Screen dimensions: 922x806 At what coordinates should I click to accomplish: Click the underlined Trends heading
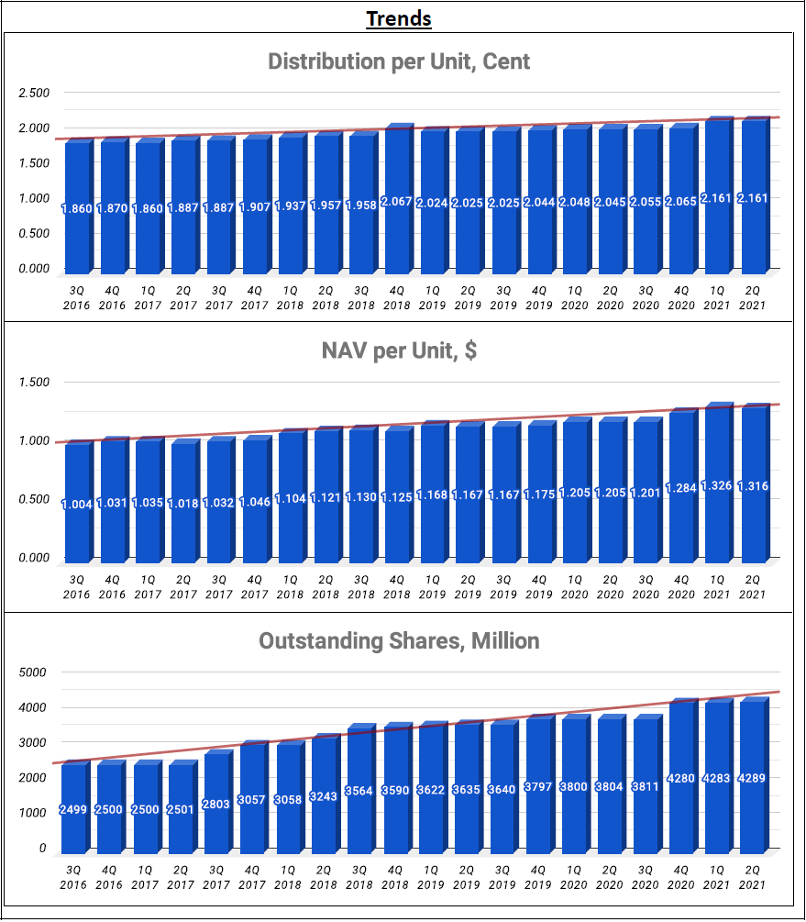pos(399,18)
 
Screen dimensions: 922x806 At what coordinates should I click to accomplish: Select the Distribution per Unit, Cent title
pos(399,62)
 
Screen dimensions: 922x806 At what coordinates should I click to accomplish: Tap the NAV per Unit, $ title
pos(399,350)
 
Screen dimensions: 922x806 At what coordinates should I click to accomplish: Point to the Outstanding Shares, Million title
pos(399,640)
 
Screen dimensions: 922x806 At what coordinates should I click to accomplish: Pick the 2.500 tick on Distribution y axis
pos(33,93)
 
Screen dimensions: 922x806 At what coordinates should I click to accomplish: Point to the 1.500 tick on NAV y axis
pos(33,382)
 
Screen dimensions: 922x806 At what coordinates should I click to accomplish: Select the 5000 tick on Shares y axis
pos(32,672)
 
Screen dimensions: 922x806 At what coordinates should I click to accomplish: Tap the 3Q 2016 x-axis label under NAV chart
pos(77,587)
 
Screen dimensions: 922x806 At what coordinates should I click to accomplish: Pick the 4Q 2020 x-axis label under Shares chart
pos(682,878)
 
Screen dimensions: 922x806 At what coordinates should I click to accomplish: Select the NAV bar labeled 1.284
pos(682,523)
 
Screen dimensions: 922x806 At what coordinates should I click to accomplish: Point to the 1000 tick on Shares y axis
pos(32,813)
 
